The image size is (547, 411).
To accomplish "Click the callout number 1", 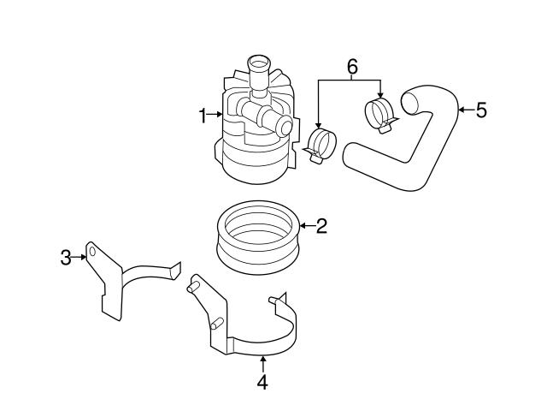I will point(203,115).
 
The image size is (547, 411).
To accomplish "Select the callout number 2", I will point(321,227).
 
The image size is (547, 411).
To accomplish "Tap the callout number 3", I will point(66,256).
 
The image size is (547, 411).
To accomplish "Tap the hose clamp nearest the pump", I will point(320,144).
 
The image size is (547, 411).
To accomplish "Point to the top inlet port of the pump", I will point(257,63).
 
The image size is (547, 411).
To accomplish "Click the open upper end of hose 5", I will point(409,104).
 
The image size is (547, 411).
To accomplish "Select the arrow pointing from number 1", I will point(215,115).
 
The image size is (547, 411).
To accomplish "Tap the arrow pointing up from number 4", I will point(262,363).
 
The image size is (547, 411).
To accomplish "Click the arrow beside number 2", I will point(308,227).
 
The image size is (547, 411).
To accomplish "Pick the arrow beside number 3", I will point(79,256).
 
